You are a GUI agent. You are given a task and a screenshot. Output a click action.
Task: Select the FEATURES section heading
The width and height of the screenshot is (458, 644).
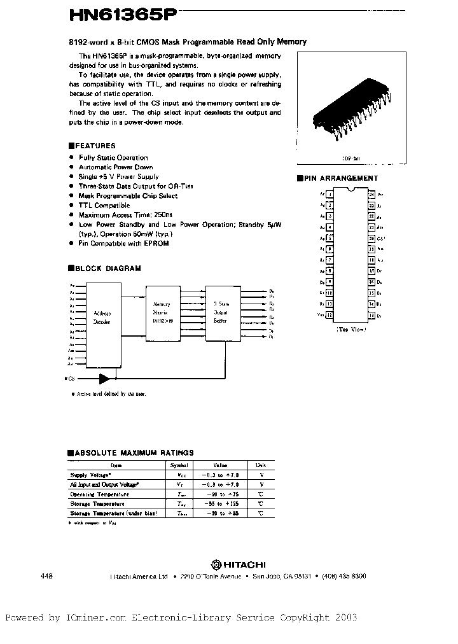tap(92, 146)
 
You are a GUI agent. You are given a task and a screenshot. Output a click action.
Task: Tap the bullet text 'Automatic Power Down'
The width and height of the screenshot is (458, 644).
tap(116, 167)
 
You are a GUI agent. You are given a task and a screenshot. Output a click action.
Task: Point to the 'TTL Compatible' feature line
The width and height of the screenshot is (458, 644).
tap(104, 206)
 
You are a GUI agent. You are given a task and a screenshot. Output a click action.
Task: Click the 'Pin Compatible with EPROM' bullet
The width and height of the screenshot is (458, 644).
tap(123, 244)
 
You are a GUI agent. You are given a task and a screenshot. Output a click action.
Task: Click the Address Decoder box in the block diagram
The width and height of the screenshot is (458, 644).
tap(102, 317)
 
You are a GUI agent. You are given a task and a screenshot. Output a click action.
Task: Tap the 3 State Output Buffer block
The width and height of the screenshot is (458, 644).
tap(222, 312)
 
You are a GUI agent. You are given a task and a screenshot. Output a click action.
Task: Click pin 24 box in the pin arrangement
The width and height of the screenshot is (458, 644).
tap(371, 195)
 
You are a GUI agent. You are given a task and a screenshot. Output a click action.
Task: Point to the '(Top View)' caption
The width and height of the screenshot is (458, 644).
tap(350, 330)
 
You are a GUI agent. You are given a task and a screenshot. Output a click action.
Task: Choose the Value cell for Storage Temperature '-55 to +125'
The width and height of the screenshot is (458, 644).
tap(220, 503)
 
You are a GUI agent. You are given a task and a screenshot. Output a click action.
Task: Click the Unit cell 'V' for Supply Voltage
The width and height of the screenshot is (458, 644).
tap(261, 475)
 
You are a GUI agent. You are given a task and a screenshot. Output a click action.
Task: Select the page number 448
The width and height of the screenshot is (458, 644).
tap(46, 575)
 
